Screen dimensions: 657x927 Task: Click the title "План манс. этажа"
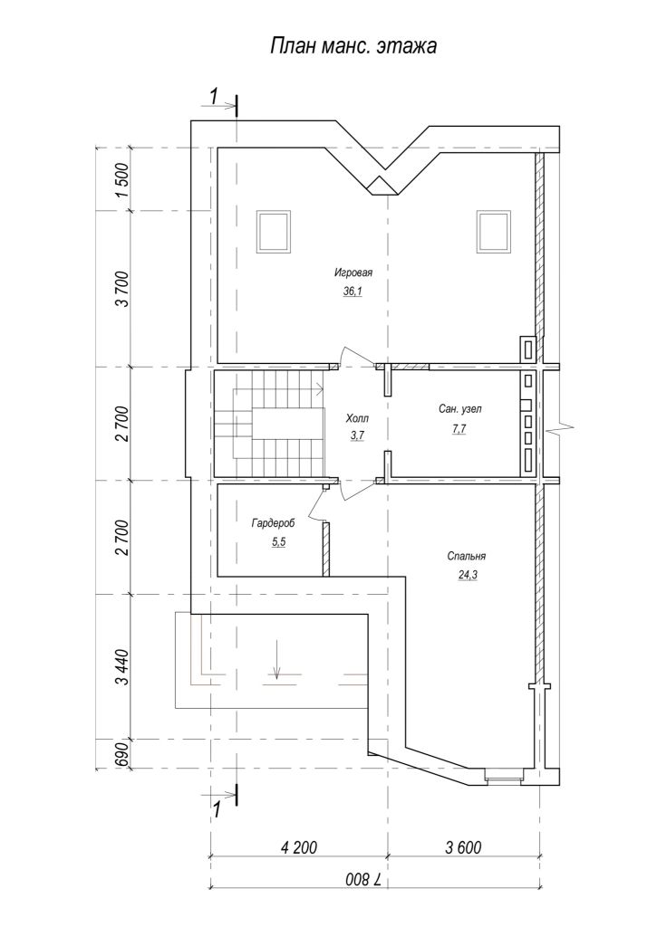pos(353,46)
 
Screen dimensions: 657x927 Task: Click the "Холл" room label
pos(357,418)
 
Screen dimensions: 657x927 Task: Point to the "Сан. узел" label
pos(460,408)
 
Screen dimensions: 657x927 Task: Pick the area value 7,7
pos(459,430)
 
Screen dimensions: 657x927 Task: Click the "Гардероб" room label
pos(273,523)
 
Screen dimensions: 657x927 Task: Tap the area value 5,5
pos(278,542)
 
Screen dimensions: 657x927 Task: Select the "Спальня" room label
pos(467,557)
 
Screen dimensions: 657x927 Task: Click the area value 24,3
pos(467,575)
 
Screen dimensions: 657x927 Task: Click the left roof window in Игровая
pos(274,231)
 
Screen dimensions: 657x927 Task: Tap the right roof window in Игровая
pos(494,231)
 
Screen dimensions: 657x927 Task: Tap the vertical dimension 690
pos(122,754)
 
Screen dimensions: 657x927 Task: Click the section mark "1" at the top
pos(216,94)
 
